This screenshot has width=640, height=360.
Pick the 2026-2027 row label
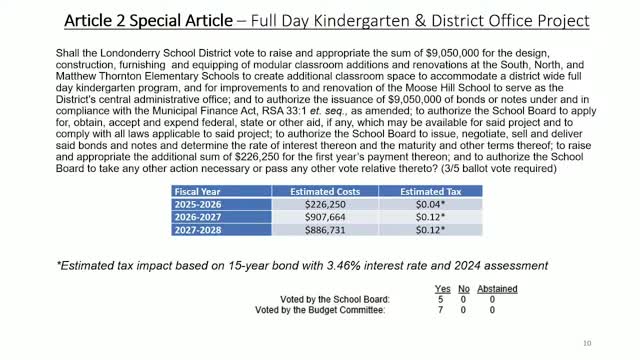pos(199,215)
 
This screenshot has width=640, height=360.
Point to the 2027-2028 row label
pos(199,228)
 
